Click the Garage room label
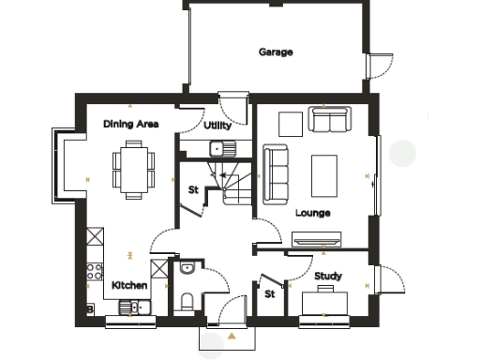(x=276, y=52)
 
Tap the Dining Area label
(x=130, y=124)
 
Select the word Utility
(x=217, y=125)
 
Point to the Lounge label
(x=312, y=213)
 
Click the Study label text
(x=327, y=276)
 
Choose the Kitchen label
(x=129, y=284)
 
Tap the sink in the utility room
(x=221, y=147)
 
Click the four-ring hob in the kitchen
(x=95, y=274)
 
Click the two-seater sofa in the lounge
(x=328, y=120)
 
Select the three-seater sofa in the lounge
(x=276, y=173)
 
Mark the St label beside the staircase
(x=193, y=190)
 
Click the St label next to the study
(x=269, y=293)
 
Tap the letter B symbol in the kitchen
(x=89, y=307)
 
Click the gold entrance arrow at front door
(x=230, y=335)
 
